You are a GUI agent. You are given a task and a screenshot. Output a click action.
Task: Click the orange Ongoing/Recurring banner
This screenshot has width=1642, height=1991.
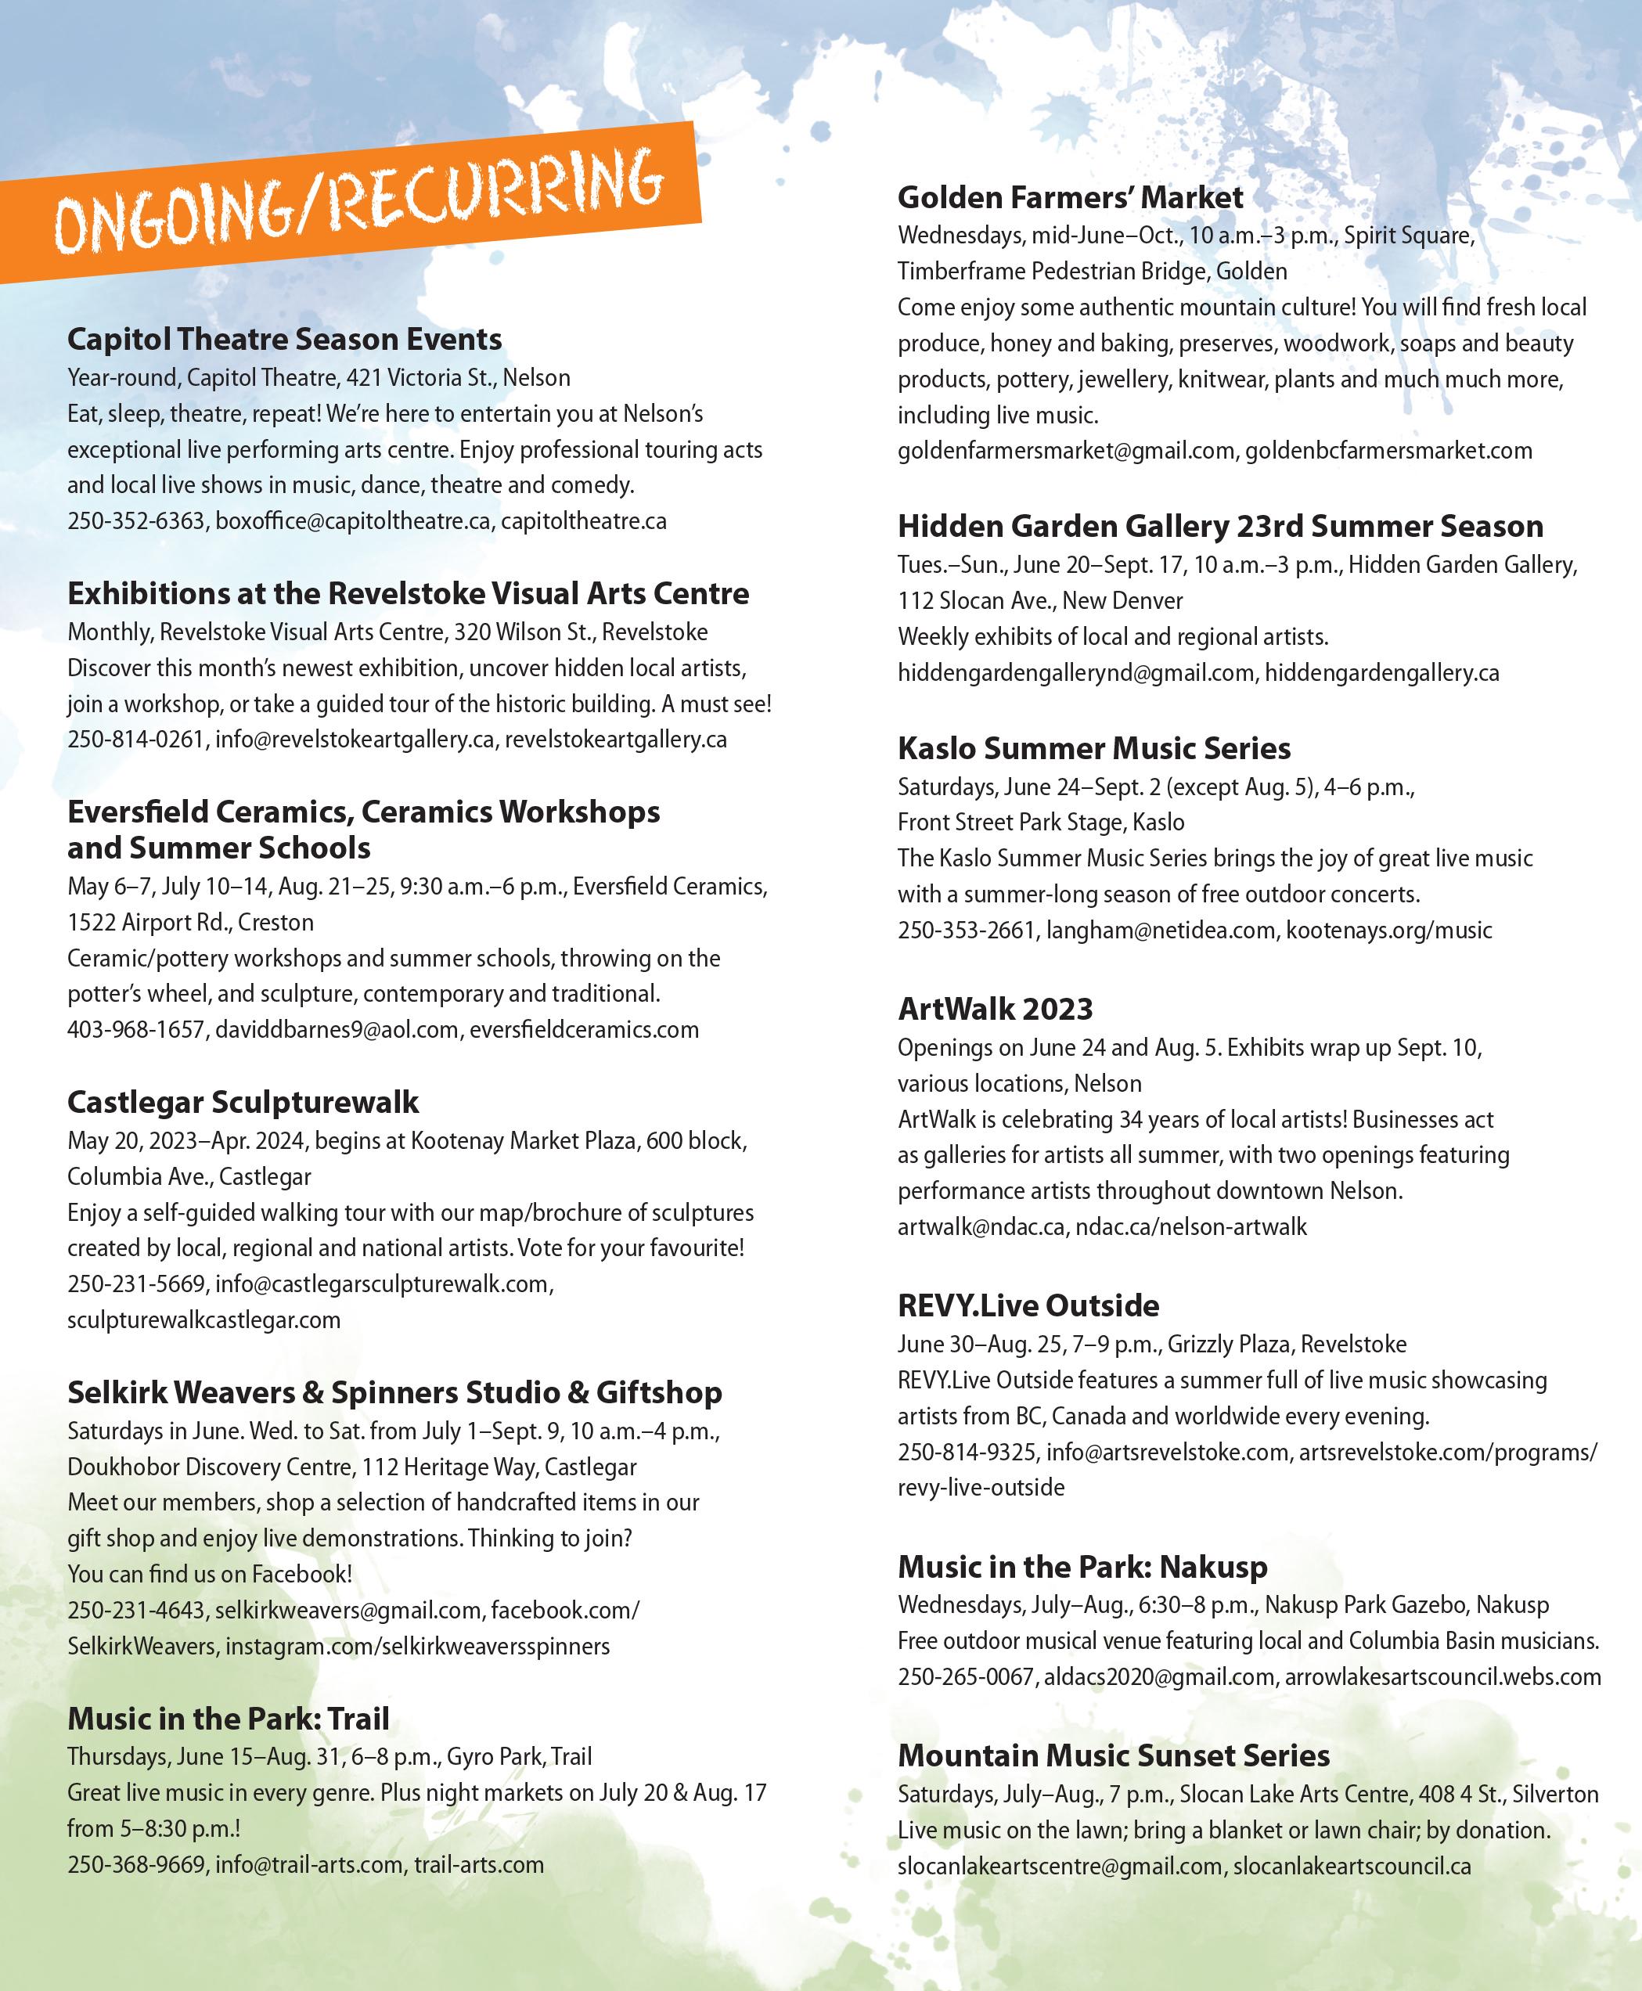point(359,203)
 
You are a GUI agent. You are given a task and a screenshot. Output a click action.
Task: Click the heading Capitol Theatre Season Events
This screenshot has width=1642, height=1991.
point(284,340)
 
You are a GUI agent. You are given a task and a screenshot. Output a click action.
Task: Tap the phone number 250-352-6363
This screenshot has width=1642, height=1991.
point(136,521)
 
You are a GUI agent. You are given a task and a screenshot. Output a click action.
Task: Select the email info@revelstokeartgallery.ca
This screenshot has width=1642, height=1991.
point(355,740)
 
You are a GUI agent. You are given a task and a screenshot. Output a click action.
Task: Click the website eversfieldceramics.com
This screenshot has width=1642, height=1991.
point(584,1030)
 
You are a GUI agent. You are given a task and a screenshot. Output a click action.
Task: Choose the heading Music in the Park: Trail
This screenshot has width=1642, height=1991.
point(228,1718)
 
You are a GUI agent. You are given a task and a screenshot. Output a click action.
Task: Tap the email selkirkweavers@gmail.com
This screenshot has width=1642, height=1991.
point(348,1610)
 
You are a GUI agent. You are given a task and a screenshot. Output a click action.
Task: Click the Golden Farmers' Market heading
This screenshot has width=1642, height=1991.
point(1070,198)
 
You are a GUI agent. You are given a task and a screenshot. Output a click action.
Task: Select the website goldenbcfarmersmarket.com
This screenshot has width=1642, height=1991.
point(1388,451)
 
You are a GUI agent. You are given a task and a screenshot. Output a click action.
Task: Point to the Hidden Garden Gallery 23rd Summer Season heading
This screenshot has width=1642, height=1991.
point(1220,527)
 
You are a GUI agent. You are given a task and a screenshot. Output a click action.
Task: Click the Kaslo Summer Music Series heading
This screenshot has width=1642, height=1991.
point(1093,749)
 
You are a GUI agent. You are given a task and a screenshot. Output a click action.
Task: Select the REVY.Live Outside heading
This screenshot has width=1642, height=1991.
point(1028,1306)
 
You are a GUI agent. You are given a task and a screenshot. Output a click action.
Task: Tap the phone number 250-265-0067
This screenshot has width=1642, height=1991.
point(966,1677)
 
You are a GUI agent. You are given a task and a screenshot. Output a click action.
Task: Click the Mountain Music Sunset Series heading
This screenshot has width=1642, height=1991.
point(1113,1755)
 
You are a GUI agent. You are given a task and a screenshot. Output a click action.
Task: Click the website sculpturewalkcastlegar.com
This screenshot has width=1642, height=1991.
point(203,1320)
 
